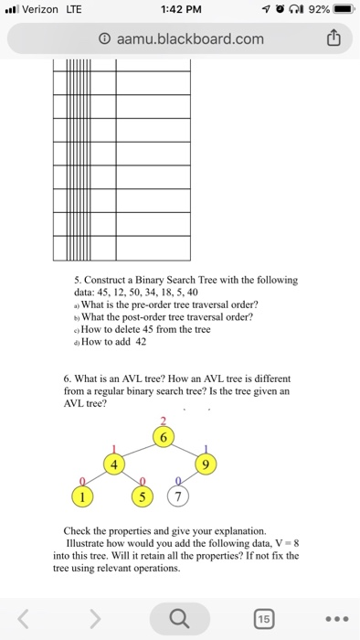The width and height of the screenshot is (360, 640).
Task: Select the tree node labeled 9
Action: (210, 465)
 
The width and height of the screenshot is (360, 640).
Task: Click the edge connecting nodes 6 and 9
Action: (189, 452)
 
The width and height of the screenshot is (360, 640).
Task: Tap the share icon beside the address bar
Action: (334, 39)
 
